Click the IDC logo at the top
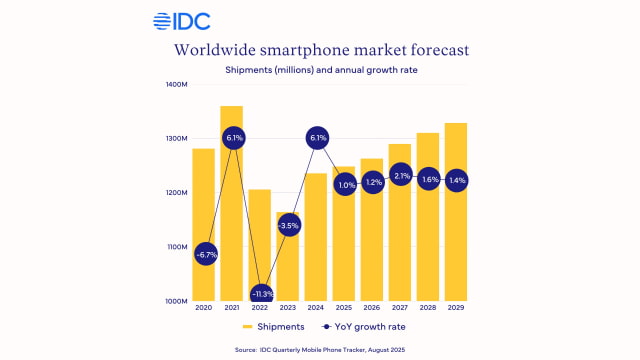[x=181, y=20]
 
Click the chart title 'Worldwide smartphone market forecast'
[x=319, y=49]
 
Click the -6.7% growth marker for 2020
[x=204, y=254]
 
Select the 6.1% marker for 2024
[x=316, y=137]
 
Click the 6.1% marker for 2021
[x=232, y=137]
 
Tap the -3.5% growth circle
[x=288, y=225]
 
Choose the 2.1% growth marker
[x=400, y=176]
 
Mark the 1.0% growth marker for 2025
[x=344, y=184]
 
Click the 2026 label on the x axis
[x=372, y=308]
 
